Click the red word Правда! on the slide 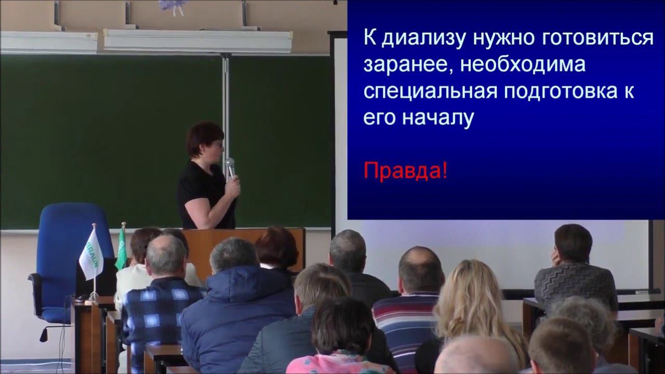[405, 170]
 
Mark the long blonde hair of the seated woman [468, 301]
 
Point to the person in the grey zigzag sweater [574, 275]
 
